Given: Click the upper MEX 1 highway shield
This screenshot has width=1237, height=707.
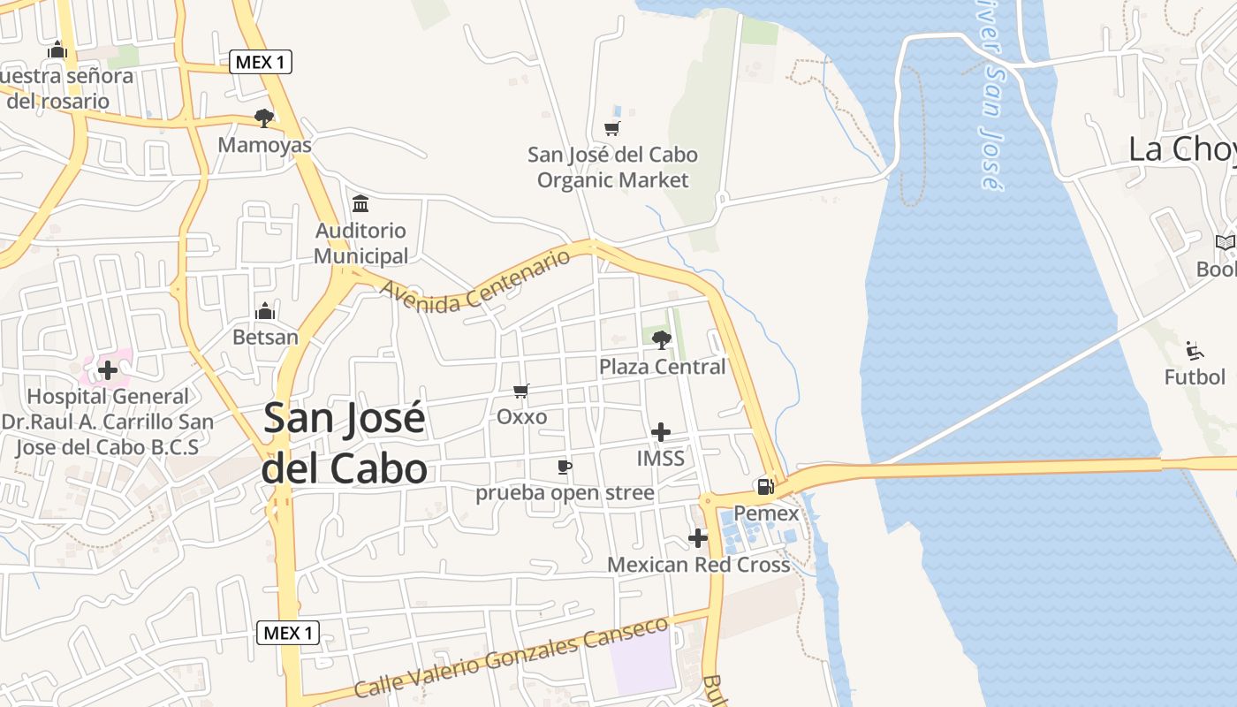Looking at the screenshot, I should (x=260, y=62).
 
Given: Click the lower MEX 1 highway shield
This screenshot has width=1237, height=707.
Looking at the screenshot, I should (x=288, y=633).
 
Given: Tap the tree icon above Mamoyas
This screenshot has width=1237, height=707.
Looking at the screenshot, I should (x=263, y=118).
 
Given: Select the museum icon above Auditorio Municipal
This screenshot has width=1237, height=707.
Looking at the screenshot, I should (x=360, y=204).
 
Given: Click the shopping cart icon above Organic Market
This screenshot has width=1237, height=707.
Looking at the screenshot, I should (x=612, y=128).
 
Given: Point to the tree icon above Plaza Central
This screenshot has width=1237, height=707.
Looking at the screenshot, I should (x=661, y=340).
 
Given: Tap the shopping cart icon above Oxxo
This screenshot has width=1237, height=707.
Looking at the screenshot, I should (x=521, y=391).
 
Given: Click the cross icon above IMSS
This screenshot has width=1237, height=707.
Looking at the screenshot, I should (x=660, y=432).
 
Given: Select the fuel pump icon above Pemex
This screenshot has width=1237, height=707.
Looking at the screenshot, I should (x=765, y=486).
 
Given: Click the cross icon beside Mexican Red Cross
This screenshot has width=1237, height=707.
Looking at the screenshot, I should (x=698, y=537).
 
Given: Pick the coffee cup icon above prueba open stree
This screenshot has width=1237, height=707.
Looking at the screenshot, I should (x=565, y=467).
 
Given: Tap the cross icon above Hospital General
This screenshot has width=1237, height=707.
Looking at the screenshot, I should (x=108, y=370).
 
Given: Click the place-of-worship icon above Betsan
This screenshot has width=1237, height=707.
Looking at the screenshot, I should (x=265, y=311).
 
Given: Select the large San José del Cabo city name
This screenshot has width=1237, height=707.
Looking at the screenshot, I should (x=345, y=443).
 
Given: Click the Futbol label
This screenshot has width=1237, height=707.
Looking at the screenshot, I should (x=1195, y=377).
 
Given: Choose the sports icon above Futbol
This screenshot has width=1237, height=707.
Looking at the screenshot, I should (x=1195, y=351).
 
